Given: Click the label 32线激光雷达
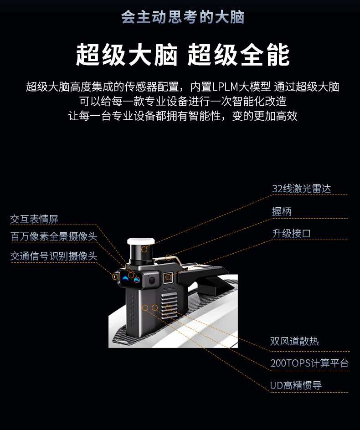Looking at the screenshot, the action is click(x=301, y=189).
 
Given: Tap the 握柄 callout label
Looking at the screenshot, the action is click(x=282, y=212).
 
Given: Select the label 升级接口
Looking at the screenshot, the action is click(x=291, y=233).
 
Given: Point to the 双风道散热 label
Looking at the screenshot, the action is click(x=294, y=341).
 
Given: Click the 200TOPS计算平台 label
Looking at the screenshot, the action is click(x=309, y=363).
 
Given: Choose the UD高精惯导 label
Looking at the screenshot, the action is click(x=296, y=385).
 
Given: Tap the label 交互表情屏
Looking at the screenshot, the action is click(x=34, y=219).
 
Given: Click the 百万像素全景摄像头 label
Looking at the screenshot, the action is click(x=54, y=236).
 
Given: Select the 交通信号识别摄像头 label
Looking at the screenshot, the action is click(x=54, y=256).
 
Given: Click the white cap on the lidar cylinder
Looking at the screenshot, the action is click(x=141, y=241).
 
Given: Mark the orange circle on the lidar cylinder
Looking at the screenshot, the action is click(x=144, y=249).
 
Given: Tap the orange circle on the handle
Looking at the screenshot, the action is click(x=169, y=257).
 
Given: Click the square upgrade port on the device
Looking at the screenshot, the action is click(x=168, y=277).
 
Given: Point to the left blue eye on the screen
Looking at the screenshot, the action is click(x=125, y=278).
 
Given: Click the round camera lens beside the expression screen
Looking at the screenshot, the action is click(x=152, y=280).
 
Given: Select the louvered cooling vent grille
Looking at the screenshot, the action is click(x=170, y=304).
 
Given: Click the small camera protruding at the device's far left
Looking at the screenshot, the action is click(x=115, y=276).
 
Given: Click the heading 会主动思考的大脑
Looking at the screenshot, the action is click(x=183, y=17).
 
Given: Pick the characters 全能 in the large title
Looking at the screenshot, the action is click(x=265, y=55).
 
